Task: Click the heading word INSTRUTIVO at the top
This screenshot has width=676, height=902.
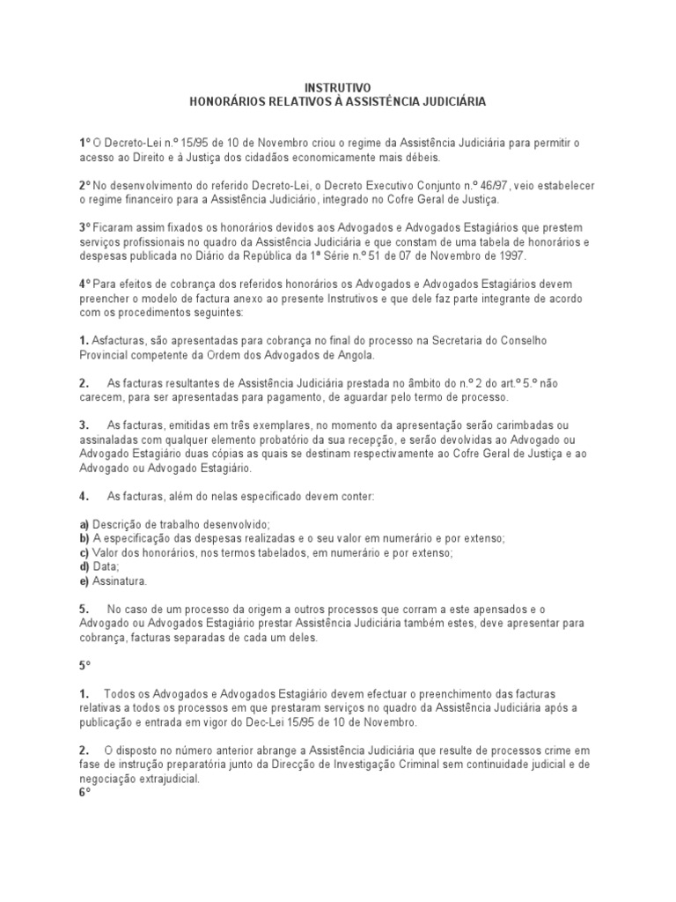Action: (x=338, y=88)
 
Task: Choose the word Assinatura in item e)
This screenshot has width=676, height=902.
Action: (x=120, y=581)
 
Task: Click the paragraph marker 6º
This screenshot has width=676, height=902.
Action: (x=84, y=794)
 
